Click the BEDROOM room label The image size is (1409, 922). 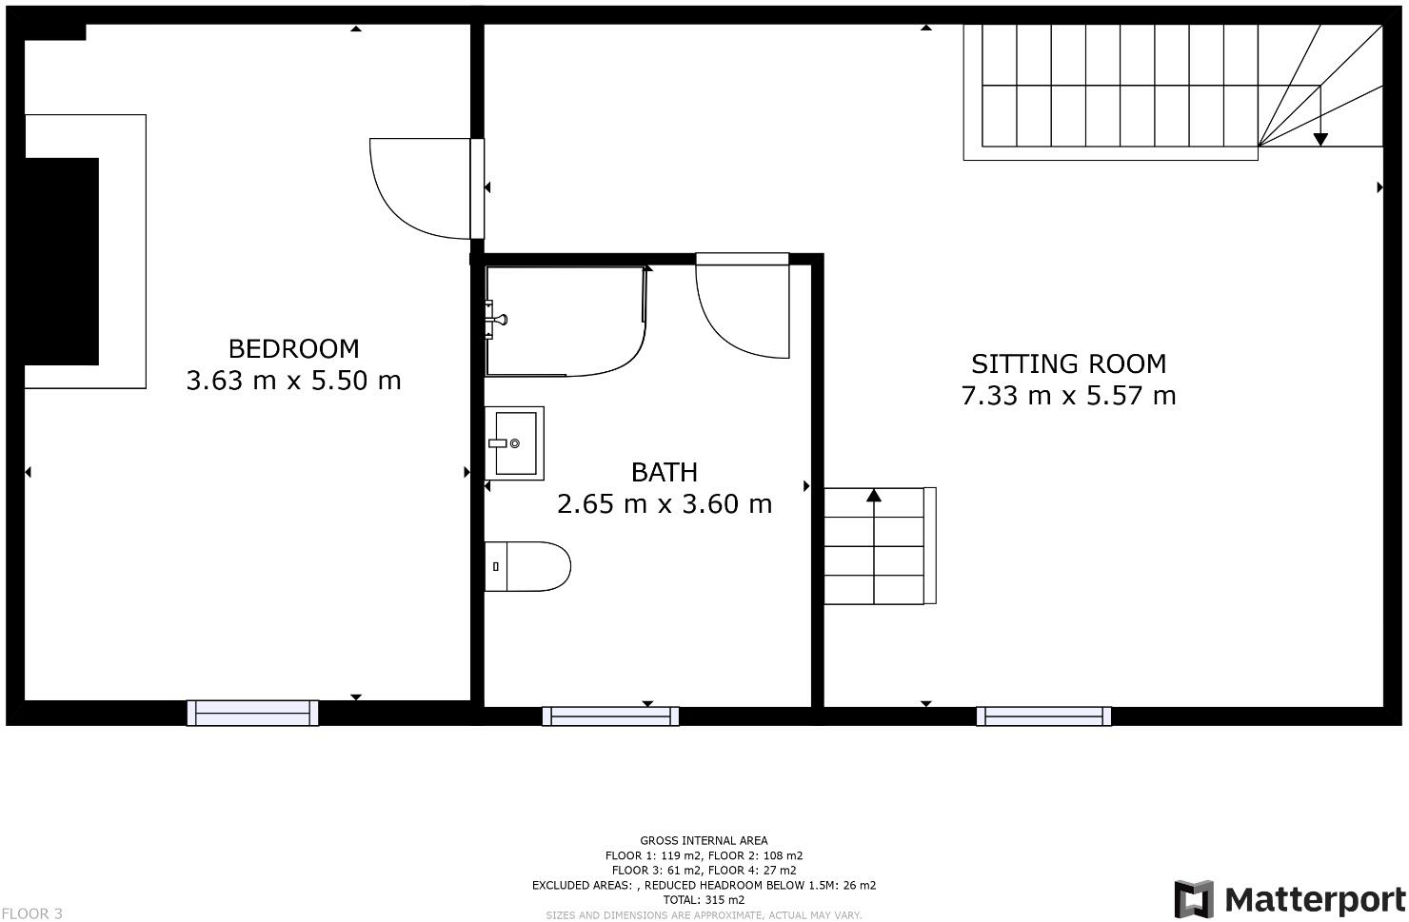(293, 348)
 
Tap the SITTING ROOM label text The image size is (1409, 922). (1068, 363)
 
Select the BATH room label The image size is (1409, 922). (664, 472)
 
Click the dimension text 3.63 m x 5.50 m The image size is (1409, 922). (293, 381)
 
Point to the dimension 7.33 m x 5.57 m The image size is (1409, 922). (1068, 396)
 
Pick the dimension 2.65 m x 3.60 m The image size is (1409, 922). (664, 503)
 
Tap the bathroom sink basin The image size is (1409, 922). (514, 443)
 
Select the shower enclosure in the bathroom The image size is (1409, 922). (565, 321)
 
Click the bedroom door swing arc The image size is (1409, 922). (419, 190)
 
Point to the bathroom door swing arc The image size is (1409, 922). (743, 309)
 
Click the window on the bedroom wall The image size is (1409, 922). (252, 713)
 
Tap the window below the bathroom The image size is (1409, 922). (610, 716)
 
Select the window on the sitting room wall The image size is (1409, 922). (1043, 716)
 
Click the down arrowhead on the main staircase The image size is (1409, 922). (1320, 140)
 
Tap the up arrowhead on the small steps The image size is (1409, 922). (874, 495)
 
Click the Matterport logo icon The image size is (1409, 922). (1194, 899)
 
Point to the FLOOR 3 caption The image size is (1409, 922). (31, 913)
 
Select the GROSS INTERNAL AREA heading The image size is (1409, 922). (704, 840)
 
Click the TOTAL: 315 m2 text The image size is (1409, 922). (704, 899)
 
